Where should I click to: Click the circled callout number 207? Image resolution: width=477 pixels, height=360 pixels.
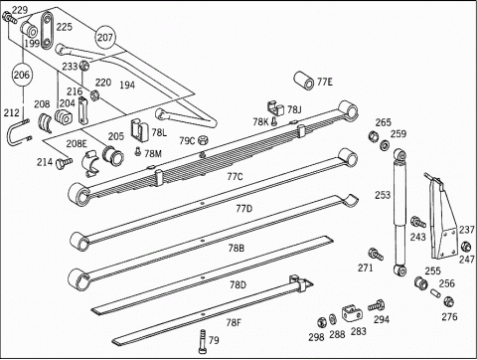coord(105,37)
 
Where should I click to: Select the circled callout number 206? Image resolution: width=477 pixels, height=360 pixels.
coord(22,75)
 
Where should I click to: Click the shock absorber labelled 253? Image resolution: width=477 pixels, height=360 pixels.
coord(400,213)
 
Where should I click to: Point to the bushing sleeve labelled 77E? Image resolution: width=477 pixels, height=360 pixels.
coord(304,80)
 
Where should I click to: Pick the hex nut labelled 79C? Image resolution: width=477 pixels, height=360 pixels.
coord(203,140)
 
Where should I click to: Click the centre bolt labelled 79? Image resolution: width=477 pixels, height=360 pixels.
coord(203,342)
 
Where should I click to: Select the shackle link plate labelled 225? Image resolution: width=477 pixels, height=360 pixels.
coord(47,30)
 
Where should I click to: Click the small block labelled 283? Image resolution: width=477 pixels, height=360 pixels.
coord(351,314)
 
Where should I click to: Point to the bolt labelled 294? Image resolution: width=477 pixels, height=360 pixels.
coord(376,305)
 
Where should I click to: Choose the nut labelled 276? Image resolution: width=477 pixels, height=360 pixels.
coord(448,302)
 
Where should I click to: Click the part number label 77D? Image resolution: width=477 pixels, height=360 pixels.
coord(244,209)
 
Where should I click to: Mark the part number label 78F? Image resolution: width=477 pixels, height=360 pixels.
coord(234,322)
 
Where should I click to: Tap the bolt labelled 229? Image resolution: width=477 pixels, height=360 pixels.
coord(9,18)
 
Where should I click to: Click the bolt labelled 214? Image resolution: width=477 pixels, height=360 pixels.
coord(64,163)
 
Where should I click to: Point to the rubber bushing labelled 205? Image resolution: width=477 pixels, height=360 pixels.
coord(113,155)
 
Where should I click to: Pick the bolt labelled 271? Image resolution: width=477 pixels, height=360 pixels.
coord(376,255)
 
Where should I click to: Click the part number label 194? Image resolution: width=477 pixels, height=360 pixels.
coord(127,86)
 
